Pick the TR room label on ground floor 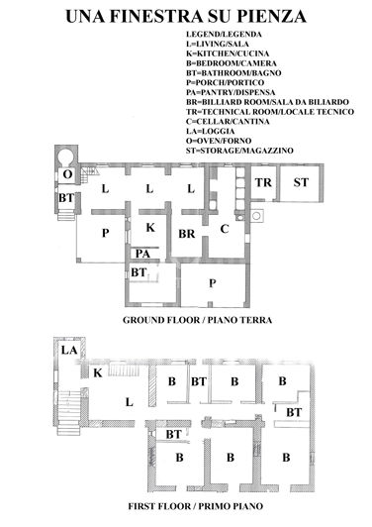point(262,183)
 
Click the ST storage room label point(301,183)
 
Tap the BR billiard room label point(186,235)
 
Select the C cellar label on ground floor point(225,229)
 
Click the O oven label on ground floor point(66,174)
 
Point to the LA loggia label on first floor point(69,352)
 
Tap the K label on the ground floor point(149,228)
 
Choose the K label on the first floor point(98,372)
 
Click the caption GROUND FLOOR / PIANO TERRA point(198,322)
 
